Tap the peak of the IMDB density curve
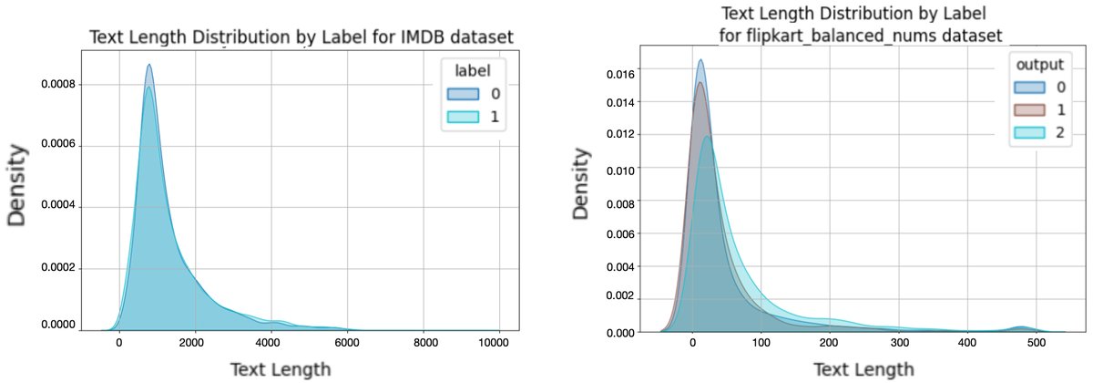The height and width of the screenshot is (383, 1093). pos(148,66)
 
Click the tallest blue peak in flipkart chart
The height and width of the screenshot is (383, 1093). pos(700,61)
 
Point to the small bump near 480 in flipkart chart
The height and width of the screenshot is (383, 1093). pos(1021,326)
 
